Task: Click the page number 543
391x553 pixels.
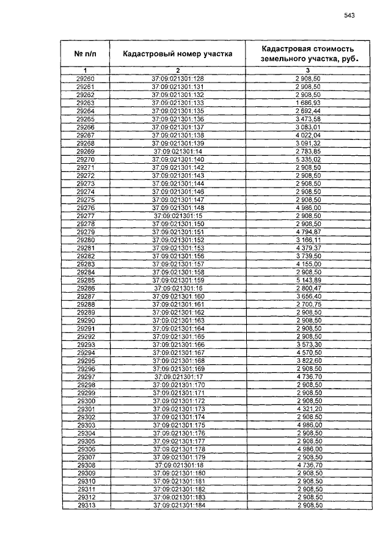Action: tap(349, 16)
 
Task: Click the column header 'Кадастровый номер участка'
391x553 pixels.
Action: tap(178, 54)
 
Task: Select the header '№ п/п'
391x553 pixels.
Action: tap(86, 54)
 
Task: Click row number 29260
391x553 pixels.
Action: tap(86, 79)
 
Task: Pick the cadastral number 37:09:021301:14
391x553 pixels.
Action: tap(178, 151)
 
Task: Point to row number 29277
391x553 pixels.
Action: tap(86, 216)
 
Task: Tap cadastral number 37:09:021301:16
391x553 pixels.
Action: tap(178, 287)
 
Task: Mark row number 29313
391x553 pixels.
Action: tap(86, 505)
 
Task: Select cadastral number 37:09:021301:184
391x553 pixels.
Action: tap(178, 505)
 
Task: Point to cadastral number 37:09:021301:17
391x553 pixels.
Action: tap(178, 377)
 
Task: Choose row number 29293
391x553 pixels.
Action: tap(86, 345)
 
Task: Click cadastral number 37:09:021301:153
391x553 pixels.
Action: tap(178, 247)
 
